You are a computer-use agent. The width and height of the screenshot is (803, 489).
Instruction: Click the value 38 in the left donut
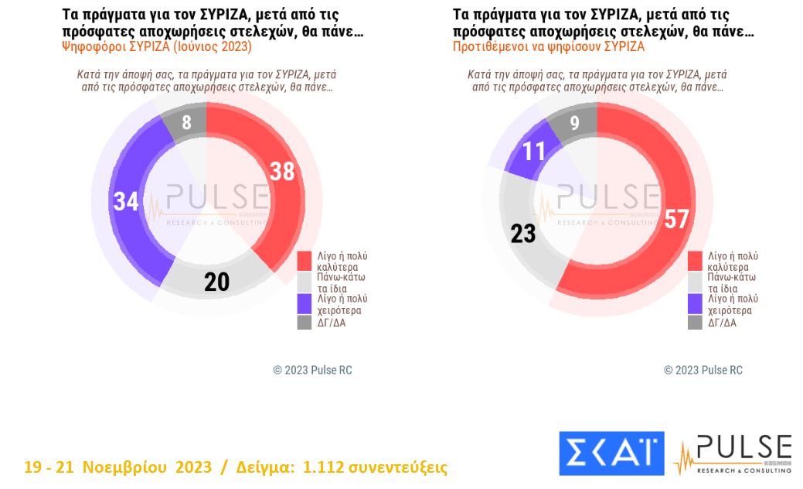(x=282, y=171)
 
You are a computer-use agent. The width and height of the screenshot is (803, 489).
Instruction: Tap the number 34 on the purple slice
(x=125, y=201)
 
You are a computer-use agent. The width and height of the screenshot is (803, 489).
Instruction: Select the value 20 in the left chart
(x=216, y=282)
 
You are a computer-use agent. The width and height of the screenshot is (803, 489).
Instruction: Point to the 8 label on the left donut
(x=186, y=122)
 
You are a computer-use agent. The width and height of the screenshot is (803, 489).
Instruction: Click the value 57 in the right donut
(x=675, y=219)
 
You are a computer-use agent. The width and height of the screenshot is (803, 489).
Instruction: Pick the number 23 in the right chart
(x=523, y=233)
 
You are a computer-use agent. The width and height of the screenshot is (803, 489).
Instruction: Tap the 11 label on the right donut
(x=532, y=150)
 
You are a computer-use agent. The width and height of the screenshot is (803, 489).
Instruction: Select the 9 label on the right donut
(x=573, y=122)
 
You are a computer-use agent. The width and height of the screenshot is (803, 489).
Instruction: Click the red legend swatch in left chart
(x=305, y=261)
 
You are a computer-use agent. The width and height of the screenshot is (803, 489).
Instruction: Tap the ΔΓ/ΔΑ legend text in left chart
(x=332, y=323)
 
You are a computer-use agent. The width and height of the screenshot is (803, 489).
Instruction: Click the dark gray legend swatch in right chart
(x=695, y=323)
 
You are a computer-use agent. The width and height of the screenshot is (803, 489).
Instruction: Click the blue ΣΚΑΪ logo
(x=611, y=453)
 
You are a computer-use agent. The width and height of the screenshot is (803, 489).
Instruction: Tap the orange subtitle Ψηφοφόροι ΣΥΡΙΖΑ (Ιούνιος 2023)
(x=157, y=46)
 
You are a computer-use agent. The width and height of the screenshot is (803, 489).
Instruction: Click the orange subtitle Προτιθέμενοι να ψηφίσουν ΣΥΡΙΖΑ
(x=549, y=46)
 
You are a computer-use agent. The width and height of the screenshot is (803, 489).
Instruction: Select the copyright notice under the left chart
(x=312, y=370)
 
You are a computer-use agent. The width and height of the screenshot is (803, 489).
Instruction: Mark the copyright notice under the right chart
(x=703, y=370)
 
